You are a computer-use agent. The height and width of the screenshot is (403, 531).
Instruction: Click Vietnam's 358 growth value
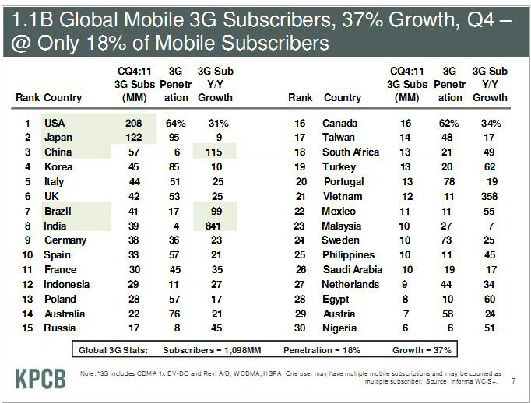coord(490,196)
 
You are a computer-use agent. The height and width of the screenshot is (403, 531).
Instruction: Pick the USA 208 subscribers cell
coord(135,123)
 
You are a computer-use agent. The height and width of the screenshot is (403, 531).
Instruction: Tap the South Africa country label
coord(350,152)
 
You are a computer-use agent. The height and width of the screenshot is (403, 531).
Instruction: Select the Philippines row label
coord(348,254)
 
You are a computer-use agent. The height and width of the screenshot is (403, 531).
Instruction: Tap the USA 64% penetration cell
coord(175,123)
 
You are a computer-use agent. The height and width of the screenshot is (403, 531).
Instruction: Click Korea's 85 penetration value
coord(175,166)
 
